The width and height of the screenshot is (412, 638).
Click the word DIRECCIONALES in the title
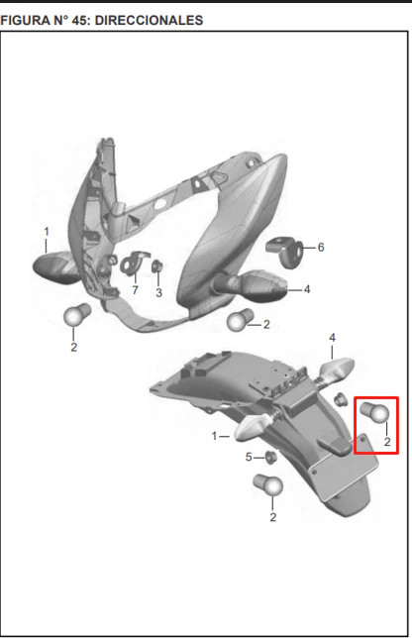pos(149,20)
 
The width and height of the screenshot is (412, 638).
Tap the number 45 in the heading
pos(80,20)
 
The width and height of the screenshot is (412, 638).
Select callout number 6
pos(321,247)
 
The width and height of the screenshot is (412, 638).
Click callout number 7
pos(135,289)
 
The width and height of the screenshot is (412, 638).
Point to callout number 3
pos(158,292)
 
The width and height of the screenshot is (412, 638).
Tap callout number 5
pos(249,458)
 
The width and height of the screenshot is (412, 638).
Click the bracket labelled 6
pos(284,252)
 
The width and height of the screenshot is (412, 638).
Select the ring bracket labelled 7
pos(133,263)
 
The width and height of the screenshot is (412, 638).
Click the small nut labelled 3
pos(157,266)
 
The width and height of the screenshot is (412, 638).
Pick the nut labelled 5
pos(270,457)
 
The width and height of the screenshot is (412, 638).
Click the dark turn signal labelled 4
pos(251,285)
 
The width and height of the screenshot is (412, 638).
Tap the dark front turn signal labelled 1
pos(56,267)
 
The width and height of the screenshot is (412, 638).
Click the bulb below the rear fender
pos(268,484)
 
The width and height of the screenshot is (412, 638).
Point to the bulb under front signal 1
pos(77,314)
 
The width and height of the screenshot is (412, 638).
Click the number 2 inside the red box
pos(387,442)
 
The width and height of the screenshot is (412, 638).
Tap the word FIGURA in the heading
pos(25,20)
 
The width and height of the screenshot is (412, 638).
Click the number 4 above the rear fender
pos(333,338)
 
